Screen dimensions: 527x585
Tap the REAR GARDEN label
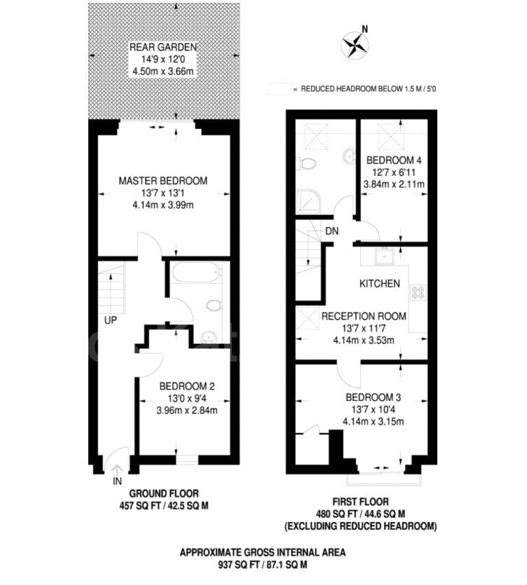pos(163,47)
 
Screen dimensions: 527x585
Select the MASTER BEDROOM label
pos(163,181)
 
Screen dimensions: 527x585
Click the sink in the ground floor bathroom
pos(208,338)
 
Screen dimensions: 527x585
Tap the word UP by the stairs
pos(111,320)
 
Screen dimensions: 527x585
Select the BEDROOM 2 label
pos(187,386)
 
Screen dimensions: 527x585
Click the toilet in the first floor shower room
pos(306,163)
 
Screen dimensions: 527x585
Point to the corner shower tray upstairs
pos(308,202)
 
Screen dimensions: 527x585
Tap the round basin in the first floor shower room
pos(348,156)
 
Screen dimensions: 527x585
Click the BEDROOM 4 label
pos(394,160)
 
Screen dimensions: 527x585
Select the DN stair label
pos(331,231)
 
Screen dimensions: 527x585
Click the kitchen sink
pos(385,256)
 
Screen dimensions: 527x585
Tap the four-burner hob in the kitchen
pos(418,292)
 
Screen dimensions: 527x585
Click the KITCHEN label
pos(380,284)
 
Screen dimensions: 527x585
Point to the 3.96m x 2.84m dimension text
pos(187,411)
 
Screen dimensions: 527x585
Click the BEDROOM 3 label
pos(374,397)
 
